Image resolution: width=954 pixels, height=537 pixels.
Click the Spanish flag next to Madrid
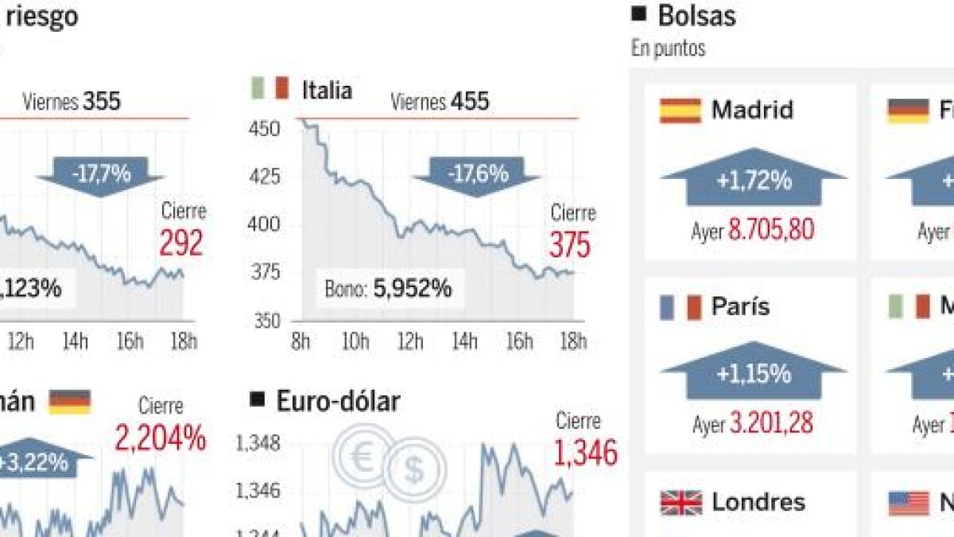point(680,111)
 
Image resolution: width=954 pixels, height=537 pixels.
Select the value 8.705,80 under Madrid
point(771,232)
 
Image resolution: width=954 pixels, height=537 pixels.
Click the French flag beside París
point(680,307)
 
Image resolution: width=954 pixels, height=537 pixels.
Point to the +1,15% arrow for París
point(754,373)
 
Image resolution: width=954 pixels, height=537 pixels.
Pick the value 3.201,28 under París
point(771,424)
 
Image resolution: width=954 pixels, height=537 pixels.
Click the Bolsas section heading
point(696,15)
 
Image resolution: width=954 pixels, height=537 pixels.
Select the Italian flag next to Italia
point(269,88)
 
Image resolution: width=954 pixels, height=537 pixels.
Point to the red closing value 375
point(569,246)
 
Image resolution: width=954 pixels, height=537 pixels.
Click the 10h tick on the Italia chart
point(355,342)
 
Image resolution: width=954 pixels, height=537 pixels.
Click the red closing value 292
point(181,243)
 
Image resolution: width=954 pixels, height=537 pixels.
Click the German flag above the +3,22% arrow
point(69,402)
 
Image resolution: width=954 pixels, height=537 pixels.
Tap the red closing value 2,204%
point(161,438)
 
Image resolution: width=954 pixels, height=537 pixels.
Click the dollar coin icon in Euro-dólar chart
point(413,470)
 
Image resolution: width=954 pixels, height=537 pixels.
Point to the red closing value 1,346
point(586,453)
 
